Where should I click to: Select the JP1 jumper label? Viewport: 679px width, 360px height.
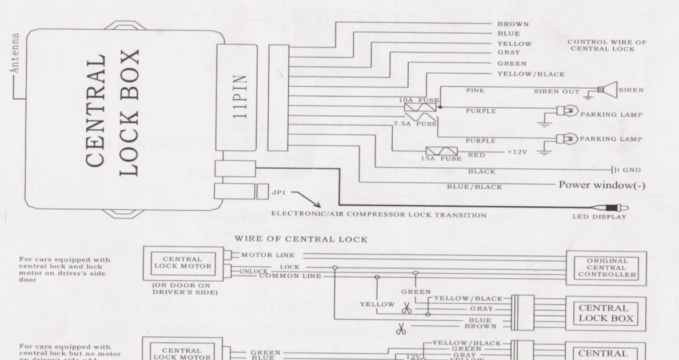click(275, 193)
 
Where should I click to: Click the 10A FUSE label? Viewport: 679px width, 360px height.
click(420, 99)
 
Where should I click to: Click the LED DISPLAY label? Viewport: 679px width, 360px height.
click(598, 217)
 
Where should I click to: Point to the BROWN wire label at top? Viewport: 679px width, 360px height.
click(513, 24)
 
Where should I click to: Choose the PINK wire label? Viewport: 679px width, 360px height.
click(476, 90)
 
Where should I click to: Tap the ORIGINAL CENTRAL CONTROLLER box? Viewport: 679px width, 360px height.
click(607, 267)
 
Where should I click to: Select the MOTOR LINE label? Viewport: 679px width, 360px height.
click(268, 255)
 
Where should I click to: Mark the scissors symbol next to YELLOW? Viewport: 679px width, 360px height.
click(406, 309)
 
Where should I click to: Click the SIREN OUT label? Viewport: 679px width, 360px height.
click(557, 91)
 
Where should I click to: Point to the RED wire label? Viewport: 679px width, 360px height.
click(477, 154)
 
